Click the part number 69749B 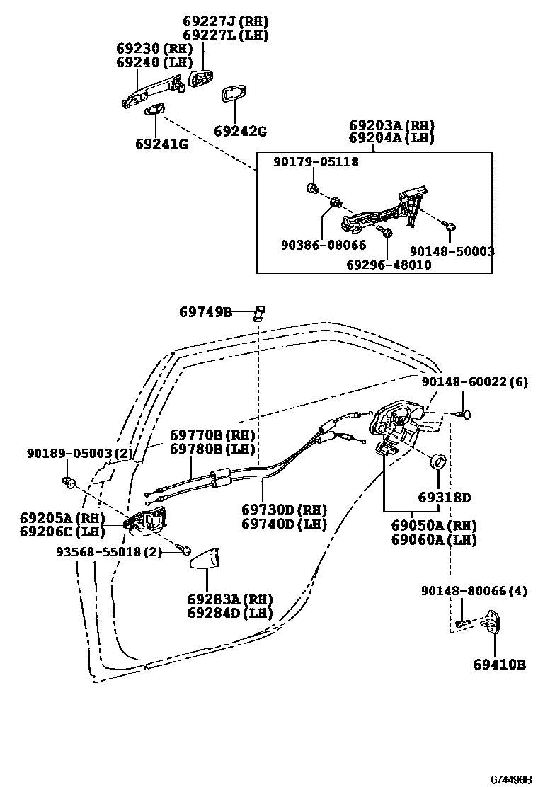pos(205,311)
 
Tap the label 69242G pos(240,131)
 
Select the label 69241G pos(161,144)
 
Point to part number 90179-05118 pos(316,162)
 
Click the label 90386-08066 pos(324,246)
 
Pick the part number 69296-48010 pos(389,265)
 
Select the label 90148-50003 pos(452,251)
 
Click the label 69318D pos(444,498)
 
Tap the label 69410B pos(500,665)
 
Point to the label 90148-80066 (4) pos(474,591)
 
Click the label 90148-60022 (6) pos(474,382)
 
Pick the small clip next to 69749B pos(259,311)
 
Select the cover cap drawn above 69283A pos(205,558)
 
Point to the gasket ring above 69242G pos(234,95)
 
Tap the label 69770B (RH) pos(212,435)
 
